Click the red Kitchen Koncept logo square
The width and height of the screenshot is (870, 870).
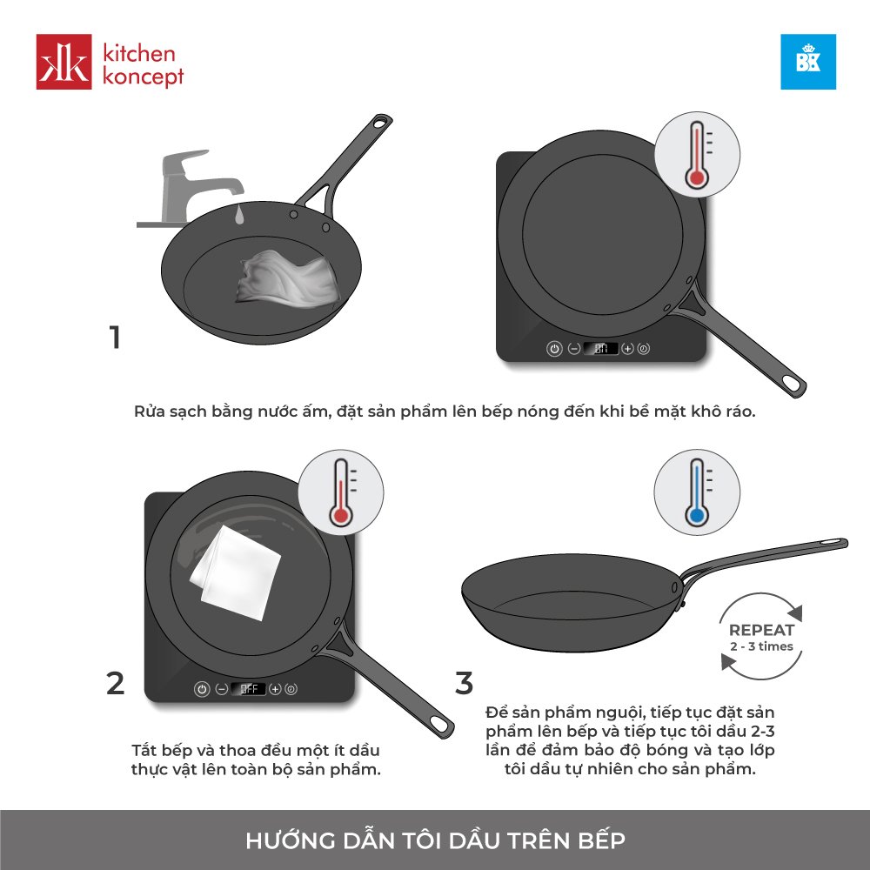[x=64, y=62]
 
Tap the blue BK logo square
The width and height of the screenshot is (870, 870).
[x=808, y=62]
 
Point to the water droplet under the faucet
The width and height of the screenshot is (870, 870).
[x=238, y=215]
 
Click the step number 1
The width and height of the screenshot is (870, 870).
[x=115, y=337]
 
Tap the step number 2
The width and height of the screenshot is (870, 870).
[x=116, y=683]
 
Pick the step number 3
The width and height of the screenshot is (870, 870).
[x=464, y=683]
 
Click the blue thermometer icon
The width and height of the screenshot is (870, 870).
[x=697, y=492]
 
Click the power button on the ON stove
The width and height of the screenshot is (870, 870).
[x=554, y=349]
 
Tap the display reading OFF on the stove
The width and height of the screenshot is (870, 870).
[x=248, y=688]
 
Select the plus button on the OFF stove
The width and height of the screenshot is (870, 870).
[x=275, y=688]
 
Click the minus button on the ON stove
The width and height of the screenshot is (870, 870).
[x=574, y=349]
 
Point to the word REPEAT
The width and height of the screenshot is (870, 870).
[x=761, y=630]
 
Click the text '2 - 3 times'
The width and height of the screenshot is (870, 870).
[x=761, y=646]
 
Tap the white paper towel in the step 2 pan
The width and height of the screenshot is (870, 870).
[x=235, y=573]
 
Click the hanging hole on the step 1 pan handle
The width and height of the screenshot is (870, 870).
[x=381, y=122]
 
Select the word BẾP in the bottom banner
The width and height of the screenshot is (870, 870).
[x=601, y=840]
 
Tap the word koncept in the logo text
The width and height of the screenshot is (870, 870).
[x=144, y=76]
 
